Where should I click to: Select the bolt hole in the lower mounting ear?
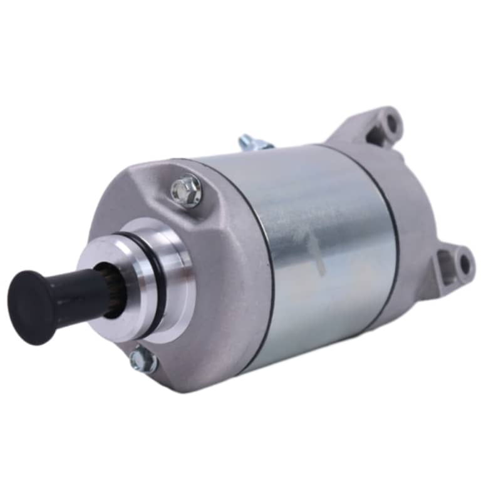[464, 263]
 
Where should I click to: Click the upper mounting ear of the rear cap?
[376, 125]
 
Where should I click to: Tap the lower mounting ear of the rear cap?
[454, 269]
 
